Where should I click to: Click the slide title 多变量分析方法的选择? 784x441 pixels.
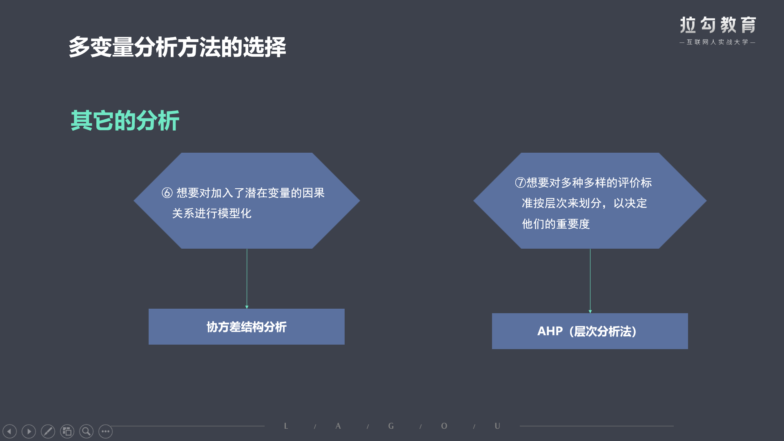pyautogui.click(x=177, y=47)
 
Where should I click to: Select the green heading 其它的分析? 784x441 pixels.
pyautogui.click(x=125, y=120)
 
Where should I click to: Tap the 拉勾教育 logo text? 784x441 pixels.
pyautogui.click(x=718, y=25)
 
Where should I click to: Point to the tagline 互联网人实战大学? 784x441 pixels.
pyautogui.click(x=717, y=42)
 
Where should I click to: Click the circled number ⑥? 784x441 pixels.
pyautogui.click(x=167, y=193)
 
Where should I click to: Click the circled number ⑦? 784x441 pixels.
pyautogui.click(x=520, y=183)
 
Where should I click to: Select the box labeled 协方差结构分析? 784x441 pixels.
pyautogui.click(x=247, y=327)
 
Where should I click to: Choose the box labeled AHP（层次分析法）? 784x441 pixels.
pyautogui.click(x=590, y=331)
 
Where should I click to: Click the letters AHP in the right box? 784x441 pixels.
pyautogui.click(x=550, y=331)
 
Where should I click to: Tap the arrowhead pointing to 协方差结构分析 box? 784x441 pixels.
pyautogui.click(x=247, y=307)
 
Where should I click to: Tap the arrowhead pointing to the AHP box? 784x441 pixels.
pyautogui.click(x=590, y=312)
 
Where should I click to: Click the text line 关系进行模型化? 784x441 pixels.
pyautogui.click(x=212, y=213)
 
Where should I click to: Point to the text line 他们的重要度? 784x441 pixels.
pyautogui.click(x=556, y=224)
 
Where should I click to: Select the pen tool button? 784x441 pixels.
pyautogui.click(x=48, y=431)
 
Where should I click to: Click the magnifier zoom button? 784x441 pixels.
pyautogui.click(x=86, y=431)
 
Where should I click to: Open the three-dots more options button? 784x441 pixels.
pyautogui.click(x=105, y=431)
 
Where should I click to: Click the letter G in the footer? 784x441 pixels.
pyautogui.click(x=391, y=426)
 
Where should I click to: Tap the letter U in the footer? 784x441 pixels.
pyautogui.click(x=497, y=426)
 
